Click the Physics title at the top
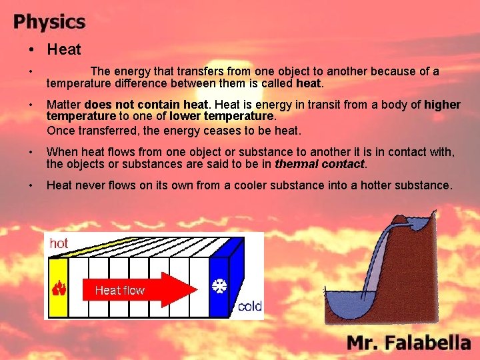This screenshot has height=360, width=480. pos(49,21)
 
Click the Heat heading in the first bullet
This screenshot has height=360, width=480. pos(64,49)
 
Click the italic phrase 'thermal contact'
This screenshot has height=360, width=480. pos(320,164)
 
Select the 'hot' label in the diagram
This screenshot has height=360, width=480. pos(59,244)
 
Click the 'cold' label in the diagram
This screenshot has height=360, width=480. pos(249,307)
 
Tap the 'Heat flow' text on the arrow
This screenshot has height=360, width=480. pos(119,290)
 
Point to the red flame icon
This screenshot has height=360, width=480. pos(59,289)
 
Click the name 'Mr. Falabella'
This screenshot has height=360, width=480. pos(408,343)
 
